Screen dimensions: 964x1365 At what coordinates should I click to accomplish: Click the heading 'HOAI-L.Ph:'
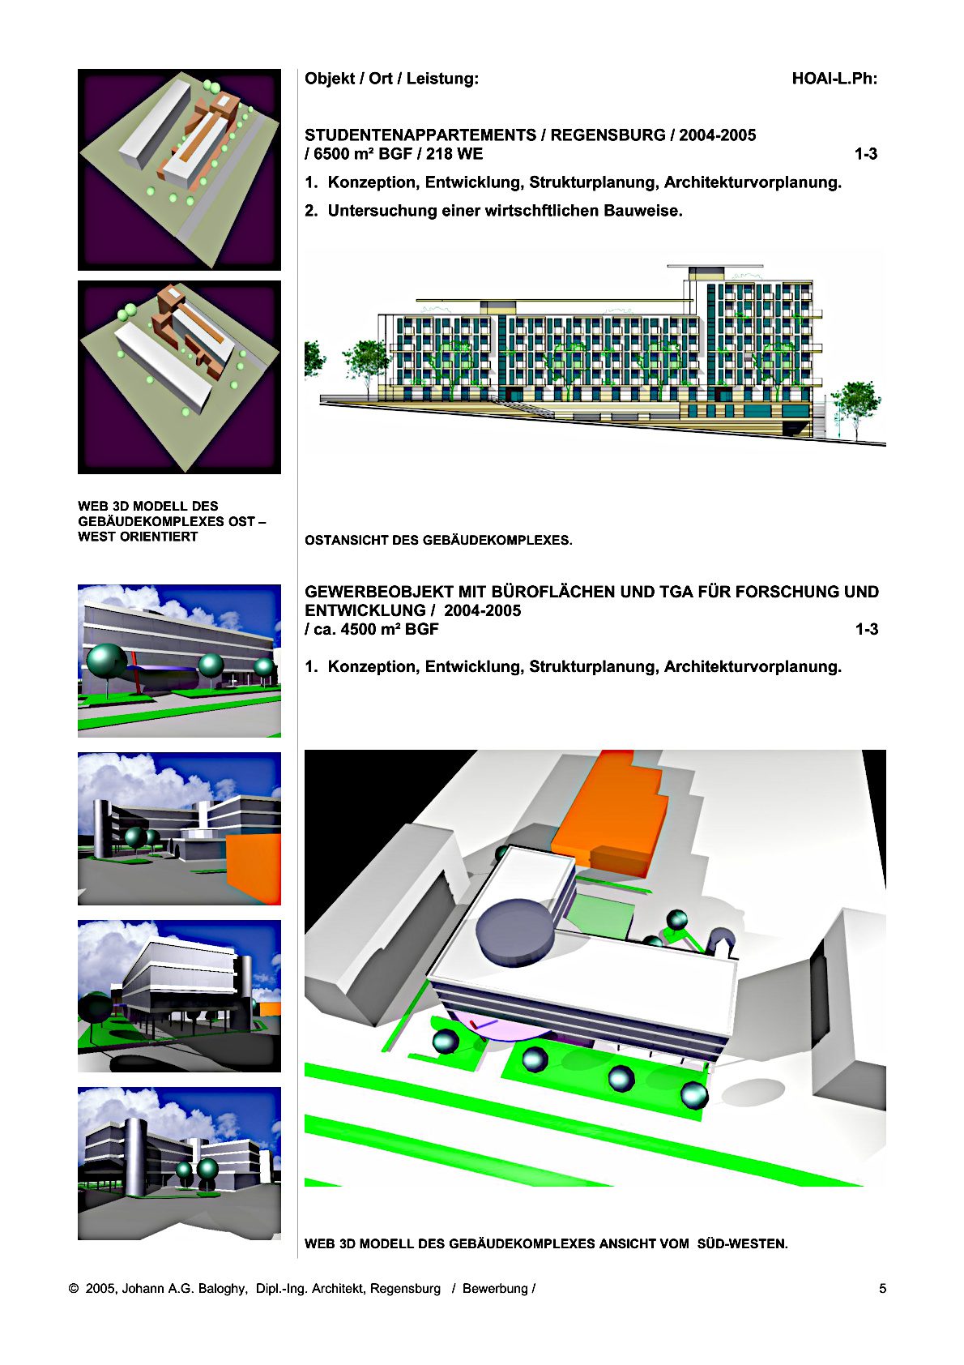[x=834, y=79]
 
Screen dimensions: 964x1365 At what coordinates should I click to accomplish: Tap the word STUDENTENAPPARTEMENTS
[x=421, y=135]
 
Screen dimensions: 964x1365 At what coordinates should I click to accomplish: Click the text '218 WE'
[x=454, y=153]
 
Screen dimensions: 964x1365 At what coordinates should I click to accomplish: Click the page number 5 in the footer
[x=882, y=1288]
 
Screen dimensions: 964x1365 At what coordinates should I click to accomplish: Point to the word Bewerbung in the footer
[x=495, y=1289]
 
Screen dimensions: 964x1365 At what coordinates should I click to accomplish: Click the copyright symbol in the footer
[x=75, y=1289]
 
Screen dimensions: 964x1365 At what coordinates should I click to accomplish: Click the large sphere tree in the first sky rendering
[x=107, y=662]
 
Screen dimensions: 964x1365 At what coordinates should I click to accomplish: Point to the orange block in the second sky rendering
[x=254, y=868]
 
